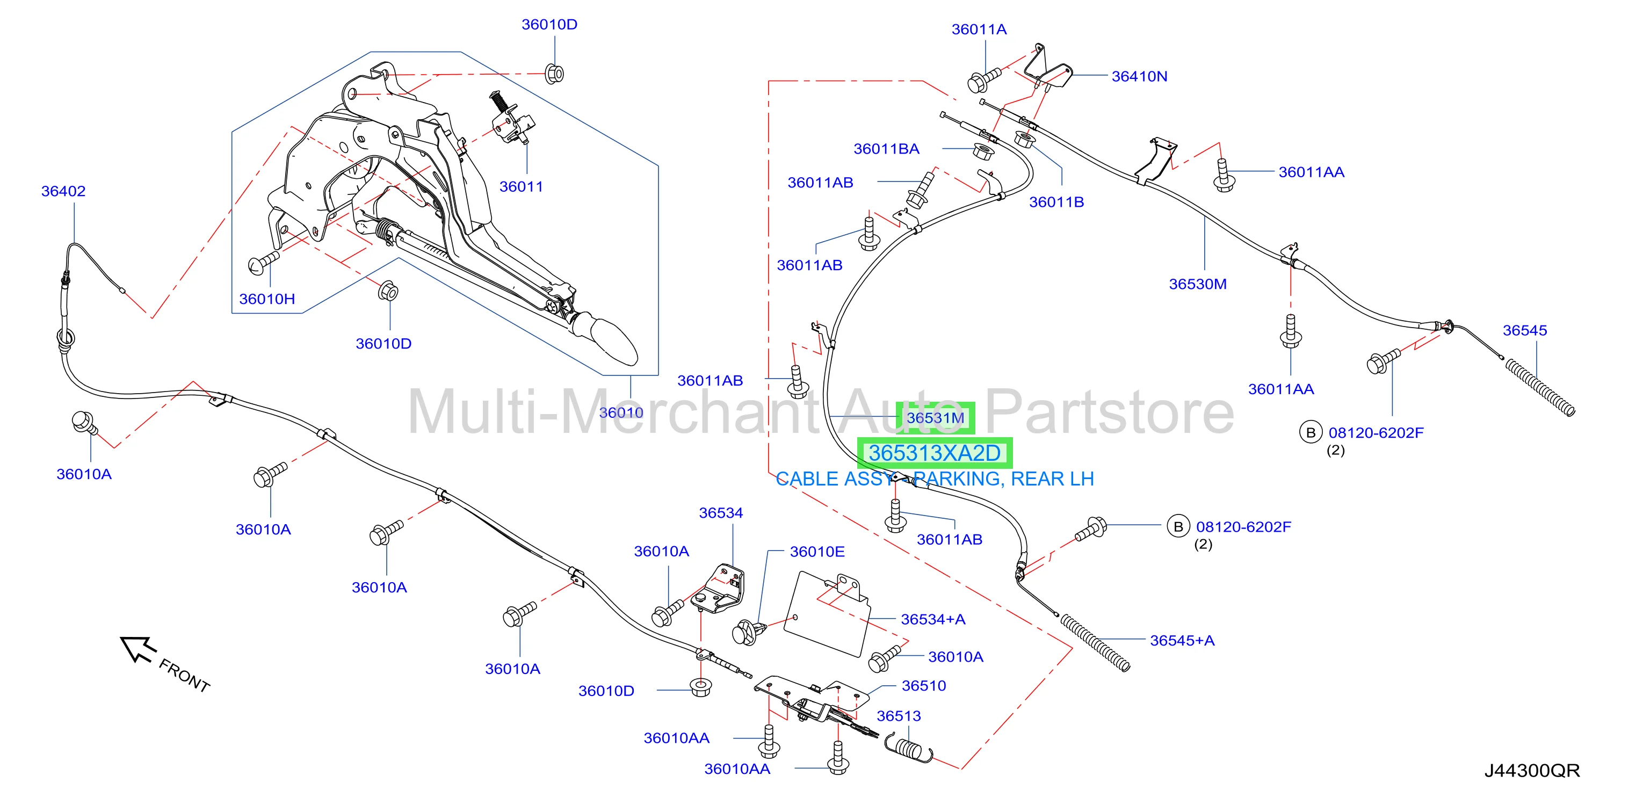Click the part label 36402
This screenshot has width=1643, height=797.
(63, 191)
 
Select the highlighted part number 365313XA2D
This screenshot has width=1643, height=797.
(935, 453)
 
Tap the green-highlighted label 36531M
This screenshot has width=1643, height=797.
(936, 418)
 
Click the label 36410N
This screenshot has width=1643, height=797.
(1139, 76)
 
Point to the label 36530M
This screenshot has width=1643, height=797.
(1197, 284)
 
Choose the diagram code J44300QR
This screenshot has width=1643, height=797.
(1532, 771)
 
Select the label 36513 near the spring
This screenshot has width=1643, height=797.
(899, 716)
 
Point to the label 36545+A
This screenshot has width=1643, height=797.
(1182, 641)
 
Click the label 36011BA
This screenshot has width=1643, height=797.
(886, 149)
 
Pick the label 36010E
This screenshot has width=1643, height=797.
(817, 552)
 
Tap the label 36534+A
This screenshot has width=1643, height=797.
(932, 620)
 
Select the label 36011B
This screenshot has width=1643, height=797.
(1056, 202)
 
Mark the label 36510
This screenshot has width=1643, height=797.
(924, 686)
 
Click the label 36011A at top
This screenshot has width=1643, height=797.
(979, 30)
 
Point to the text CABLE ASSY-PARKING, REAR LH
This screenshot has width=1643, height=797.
(935, 479)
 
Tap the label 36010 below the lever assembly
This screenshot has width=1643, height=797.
(620, 413)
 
